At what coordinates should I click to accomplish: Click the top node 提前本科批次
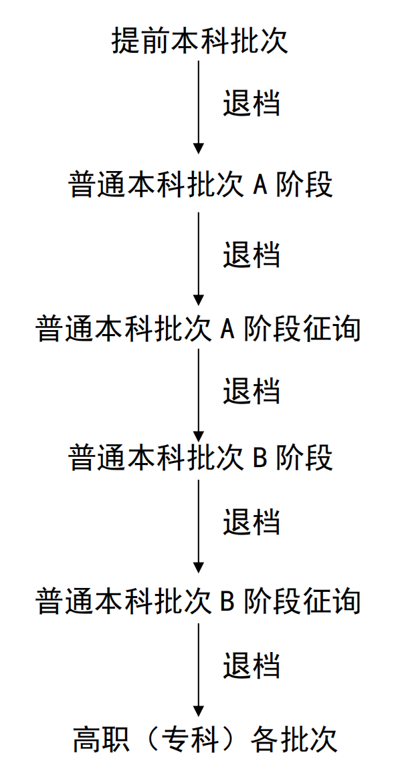pos(200,42)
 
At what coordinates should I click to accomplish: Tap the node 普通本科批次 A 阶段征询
pos(199,328)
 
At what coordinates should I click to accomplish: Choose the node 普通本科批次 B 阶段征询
pos(199,601)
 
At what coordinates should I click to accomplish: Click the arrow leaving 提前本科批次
pos(199,108)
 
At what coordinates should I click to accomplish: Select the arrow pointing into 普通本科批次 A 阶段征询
pos(199,259)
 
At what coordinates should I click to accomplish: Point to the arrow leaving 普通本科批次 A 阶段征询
pos(199,396)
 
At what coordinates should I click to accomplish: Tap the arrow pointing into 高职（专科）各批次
pos(199,670)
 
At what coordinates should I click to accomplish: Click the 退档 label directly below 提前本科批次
pos(251,103)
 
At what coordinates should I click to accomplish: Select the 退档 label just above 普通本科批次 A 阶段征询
pos(251,254)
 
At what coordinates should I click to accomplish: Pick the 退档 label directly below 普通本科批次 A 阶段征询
pos(251,391)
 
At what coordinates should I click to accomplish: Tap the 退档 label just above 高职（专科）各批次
pos(251,665)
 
